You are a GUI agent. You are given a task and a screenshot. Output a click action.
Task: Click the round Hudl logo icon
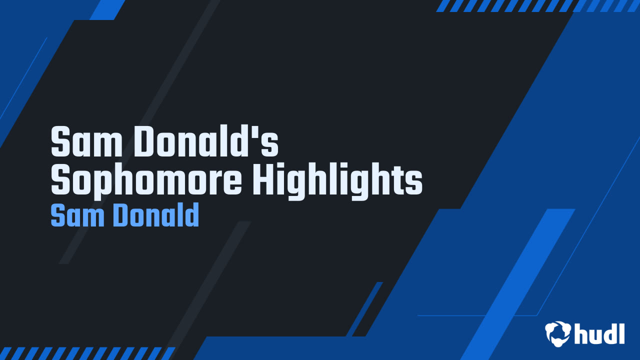(x=558, y=333)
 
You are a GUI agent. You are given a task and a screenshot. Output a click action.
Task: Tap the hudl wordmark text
(x=599, y=333)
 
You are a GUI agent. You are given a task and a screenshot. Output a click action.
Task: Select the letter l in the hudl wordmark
(x=621, y=333)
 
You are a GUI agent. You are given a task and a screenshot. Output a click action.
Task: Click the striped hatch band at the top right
(x=537, y=5)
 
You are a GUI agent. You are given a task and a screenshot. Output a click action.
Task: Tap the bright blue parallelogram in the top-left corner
(x=107, y=9)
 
